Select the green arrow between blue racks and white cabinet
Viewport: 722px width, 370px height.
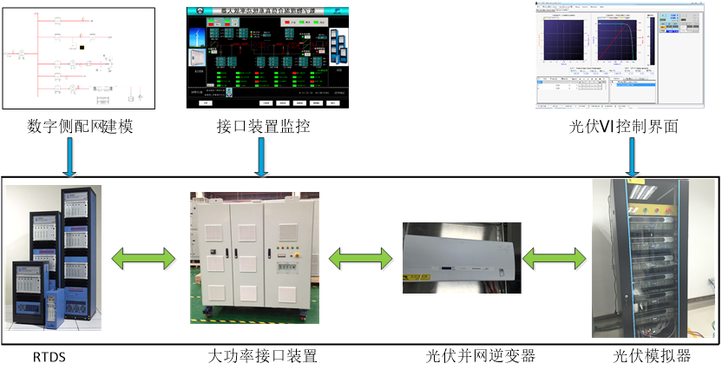[144, 259]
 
